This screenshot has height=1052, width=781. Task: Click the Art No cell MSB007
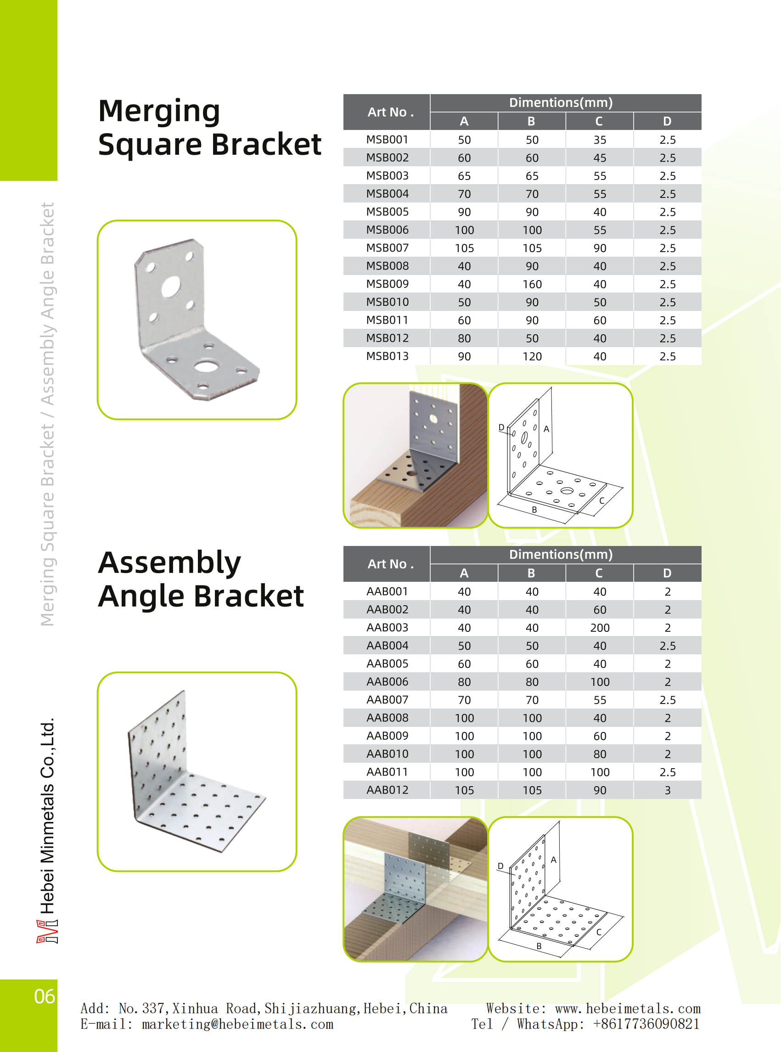(387, 248)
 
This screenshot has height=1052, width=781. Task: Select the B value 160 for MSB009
(532, 284)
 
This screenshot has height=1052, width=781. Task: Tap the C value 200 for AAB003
(600, 627)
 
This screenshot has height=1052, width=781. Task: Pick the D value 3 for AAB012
(667, 790)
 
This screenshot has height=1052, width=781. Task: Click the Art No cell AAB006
(387, 682)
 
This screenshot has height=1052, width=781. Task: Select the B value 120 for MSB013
(532, 356)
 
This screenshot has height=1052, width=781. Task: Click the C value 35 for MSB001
(600, 140)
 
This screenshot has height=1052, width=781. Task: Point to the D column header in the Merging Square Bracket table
(667, 122)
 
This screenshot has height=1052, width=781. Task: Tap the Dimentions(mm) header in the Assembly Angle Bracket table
(561, 554)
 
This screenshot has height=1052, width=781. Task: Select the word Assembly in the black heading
(169, 563)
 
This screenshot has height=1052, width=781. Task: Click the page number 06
(45, 996)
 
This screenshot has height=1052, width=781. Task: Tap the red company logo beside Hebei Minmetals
(47, 931)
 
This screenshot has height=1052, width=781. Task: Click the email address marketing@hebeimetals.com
(237, 1024)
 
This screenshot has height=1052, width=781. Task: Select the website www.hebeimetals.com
(627, 1008)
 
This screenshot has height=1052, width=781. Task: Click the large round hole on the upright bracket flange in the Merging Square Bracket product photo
(170, 287)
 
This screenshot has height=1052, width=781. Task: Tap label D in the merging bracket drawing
(501, 428)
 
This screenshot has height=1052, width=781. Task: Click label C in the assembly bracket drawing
(599, 932)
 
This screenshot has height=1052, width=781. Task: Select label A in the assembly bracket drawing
(553, 860)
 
